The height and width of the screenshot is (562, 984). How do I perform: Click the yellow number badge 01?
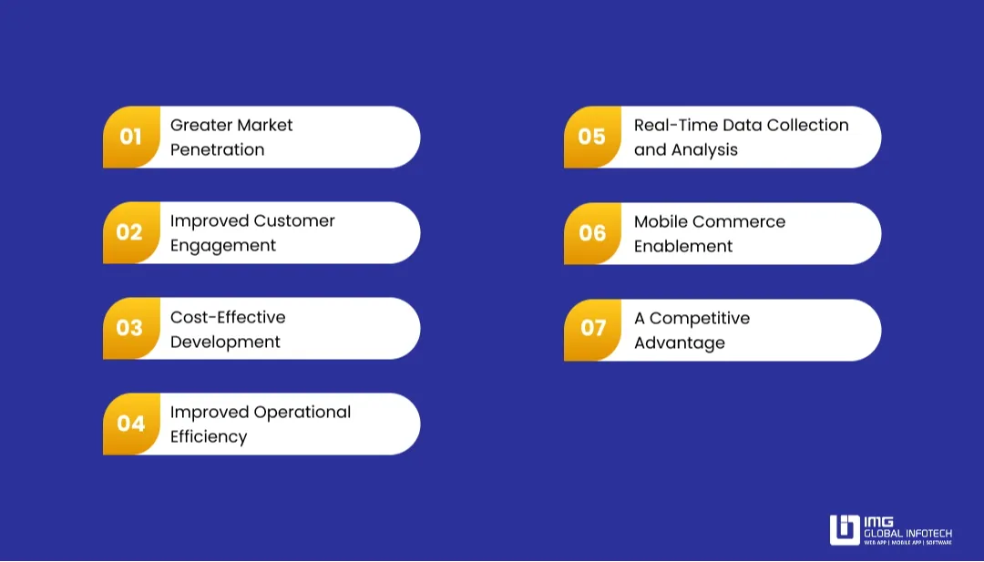pos(131,138)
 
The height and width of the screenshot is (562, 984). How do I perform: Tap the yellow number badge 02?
pos(130,233)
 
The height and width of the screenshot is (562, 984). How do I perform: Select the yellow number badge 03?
pos(130,329)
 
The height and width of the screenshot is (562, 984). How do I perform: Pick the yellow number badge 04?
pos(131,424)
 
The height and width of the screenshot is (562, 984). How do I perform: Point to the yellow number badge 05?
pos(592,138)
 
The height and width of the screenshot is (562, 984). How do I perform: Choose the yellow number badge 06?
pos(592,234)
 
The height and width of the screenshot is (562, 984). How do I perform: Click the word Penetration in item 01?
pos(217,150)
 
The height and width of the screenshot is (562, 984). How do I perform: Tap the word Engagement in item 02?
pos(223,246)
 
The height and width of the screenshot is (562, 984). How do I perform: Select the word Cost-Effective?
pos(228,317)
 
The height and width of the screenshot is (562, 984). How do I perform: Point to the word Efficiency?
pos(209,437)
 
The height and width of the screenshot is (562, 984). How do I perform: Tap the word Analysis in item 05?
pos(704,150)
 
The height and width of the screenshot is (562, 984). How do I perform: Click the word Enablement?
pos(683,247)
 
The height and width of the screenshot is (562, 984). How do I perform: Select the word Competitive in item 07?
pos(700,319)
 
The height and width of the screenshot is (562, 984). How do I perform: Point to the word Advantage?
pos(680,343)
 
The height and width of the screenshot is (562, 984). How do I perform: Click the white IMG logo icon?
pos(845,530)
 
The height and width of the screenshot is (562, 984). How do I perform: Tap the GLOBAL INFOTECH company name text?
pos(907,533)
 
